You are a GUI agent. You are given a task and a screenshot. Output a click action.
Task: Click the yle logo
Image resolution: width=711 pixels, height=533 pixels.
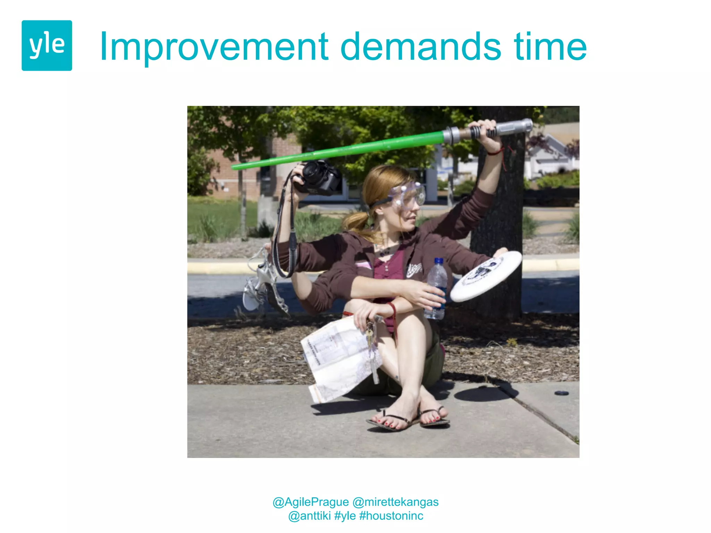tap(47, 45)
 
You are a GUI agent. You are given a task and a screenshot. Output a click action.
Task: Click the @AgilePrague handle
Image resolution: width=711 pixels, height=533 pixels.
tap(310, 502)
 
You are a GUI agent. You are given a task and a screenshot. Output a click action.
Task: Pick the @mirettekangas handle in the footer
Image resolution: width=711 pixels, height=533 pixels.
tap(395, 502)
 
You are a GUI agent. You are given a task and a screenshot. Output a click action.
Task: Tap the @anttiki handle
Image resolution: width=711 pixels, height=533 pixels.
tap(309, 516)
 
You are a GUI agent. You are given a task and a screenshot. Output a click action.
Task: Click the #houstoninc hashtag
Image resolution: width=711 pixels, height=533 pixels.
tap(391, 516)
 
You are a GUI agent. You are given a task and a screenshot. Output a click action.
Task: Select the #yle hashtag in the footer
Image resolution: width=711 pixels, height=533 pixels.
tap(345, 516)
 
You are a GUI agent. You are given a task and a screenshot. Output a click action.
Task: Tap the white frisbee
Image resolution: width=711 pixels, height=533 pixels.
tap(486, 276)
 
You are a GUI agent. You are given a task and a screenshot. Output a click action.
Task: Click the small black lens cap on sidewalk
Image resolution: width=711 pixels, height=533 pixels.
tap(561, 393)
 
